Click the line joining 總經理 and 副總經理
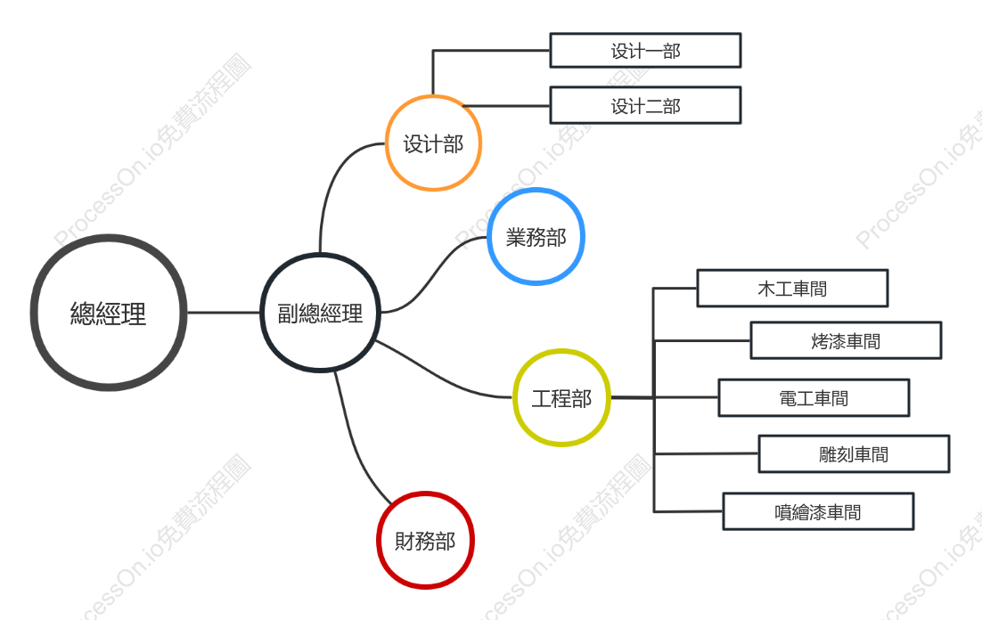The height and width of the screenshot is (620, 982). (224, 313)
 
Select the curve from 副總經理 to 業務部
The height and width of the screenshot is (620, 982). (435, 273)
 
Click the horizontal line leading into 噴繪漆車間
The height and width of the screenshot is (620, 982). (688, 511)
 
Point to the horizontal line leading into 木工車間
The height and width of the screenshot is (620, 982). (675, 288)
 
